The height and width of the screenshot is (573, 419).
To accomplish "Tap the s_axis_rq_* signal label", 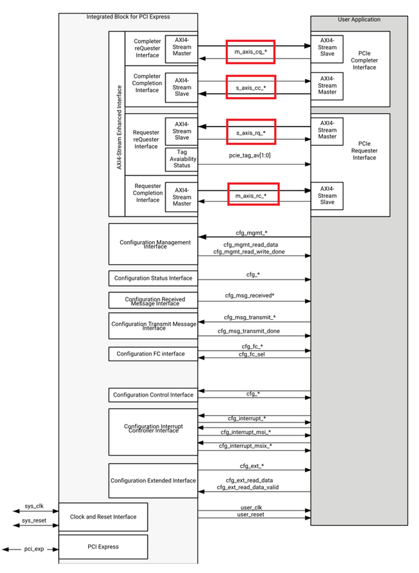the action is [251, 133].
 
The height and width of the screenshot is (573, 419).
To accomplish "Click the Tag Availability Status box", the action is [181, 158].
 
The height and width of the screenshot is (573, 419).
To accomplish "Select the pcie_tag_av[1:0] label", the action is [250, 155].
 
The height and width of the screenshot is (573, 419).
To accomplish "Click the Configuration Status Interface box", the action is [153, 278].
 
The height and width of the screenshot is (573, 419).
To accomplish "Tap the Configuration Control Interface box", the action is [153, 395].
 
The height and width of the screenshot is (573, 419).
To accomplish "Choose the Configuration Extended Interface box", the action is [153, 481].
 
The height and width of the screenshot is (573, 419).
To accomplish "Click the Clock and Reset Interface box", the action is [103, 517].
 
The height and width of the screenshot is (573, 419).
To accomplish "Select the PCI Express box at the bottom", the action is [103, 547].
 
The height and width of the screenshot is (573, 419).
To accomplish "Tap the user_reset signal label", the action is [251, 514].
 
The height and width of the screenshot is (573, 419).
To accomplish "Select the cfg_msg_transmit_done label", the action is [249, 331].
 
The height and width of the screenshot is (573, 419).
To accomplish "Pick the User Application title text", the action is [359, 20].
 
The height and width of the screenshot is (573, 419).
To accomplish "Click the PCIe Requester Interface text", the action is [364, 150].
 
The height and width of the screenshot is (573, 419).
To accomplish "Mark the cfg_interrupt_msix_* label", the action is [245, 446].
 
